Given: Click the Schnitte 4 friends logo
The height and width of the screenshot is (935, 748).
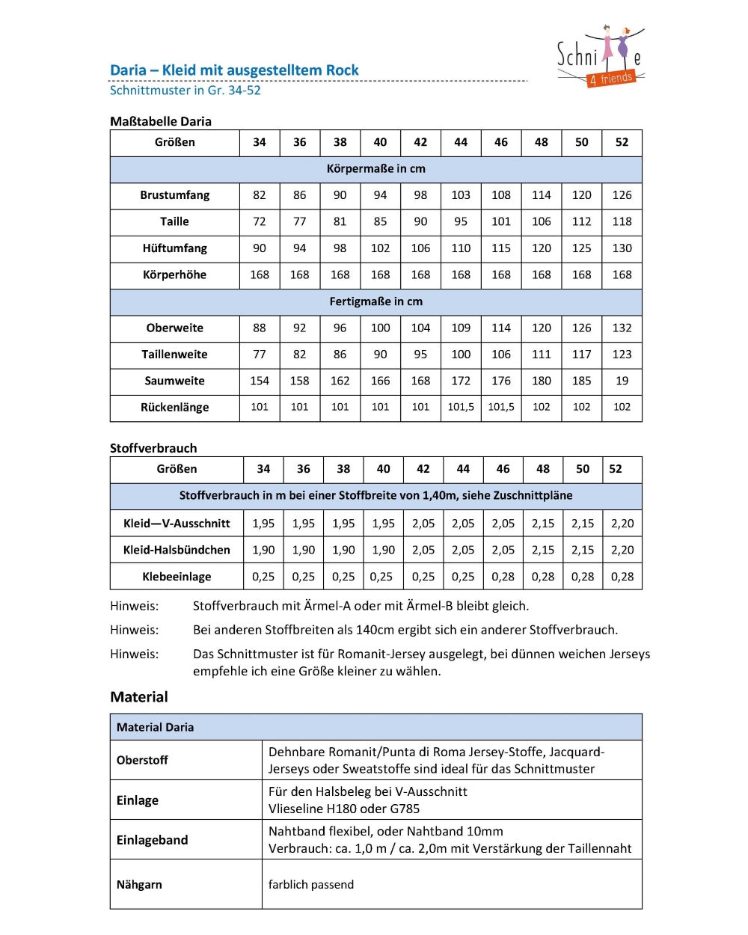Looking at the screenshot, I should tap(600, 58).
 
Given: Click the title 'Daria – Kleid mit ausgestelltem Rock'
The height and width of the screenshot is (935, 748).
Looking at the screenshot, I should tap(234, 70).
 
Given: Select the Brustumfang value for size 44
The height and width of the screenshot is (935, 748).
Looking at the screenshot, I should tap(461, 195).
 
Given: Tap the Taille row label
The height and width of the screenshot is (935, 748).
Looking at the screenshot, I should tap(174, 221).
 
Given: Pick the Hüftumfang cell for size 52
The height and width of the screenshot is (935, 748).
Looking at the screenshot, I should tap(622, 248).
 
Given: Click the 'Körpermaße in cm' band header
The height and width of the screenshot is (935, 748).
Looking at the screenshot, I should tap(375, 169).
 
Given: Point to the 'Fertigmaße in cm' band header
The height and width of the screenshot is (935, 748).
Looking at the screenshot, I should tap(375, 301).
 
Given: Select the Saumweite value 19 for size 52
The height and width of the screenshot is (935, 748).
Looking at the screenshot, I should tap(622, 381).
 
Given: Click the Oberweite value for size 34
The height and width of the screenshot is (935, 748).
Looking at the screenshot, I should tap(260, 328).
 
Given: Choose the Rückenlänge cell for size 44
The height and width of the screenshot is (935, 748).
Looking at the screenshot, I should tap(461, 407).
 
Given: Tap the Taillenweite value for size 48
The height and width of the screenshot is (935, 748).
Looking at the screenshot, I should tap(541, 355).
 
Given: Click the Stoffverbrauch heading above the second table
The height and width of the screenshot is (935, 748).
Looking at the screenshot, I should tap(153, 448).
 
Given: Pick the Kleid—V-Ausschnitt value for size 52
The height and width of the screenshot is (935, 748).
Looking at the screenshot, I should tap(622, 524).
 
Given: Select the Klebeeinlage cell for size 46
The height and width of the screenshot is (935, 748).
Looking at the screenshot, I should tap(503, 577).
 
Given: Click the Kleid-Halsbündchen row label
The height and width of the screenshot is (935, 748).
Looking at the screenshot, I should tap(177, 550).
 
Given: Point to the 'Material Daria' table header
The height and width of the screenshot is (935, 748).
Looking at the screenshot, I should tap(155, 727).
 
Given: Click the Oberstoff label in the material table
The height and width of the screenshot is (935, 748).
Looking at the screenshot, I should tap(142, 760).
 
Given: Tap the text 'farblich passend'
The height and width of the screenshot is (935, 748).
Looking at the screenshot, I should tap(311, 884).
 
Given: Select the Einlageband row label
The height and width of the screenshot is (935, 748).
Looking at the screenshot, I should tap(152, 840).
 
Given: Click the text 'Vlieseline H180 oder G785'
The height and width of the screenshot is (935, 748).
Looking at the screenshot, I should tap(344, 809).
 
